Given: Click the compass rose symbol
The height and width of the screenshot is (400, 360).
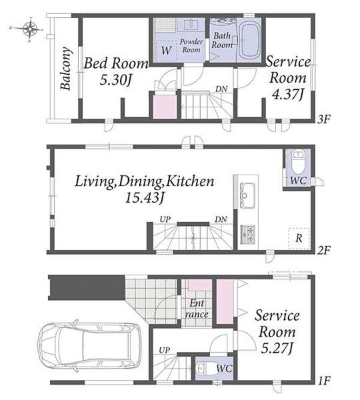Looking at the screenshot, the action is click(x=29, y=29).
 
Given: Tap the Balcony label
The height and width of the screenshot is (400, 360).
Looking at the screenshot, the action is click(x=65, y=69).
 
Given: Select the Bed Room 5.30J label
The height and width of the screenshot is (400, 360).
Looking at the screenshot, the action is click(x=116, y=71).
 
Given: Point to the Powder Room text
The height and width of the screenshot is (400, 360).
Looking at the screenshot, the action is click(x=191, y=45).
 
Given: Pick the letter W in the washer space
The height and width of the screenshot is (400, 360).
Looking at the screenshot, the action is click(x=166, y=50).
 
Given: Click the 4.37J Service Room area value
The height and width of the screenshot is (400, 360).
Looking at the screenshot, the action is click(x=288, y=95).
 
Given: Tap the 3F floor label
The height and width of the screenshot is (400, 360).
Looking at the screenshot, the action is click(x=324, y=119).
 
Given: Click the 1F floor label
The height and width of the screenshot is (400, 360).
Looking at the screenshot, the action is click(x=324, y=381).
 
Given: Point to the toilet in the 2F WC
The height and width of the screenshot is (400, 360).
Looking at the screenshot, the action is click(x=298, y=162).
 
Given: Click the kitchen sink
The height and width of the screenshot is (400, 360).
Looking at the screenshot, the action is click(x=247, y=195).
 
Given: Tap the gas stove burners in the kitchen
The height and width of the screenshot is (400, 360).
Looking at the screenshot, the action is click(x=247, y=234).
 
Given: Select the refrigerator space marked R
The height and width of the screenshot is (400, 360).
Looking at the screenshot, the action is click(x=299, y=238).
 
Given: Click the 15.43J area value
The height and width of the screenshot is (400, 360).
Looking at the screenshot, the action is click(x=144, y=197).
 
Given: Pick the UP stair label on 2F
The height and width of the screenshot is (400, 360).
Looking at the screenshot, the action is click(x=165, y=219).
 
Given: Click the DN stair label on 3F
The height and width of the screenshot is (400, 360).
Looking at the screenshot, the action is click(x=221, y=89).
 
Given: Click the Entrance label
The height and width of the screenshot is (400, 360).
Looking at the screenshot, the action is click(x=197, y=309).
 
